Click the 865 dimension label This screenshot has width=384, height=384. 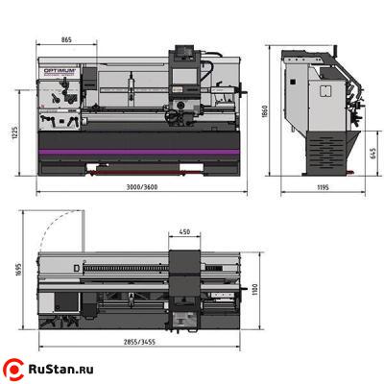coord(66,40)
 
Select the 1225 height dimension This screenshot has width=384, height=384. coord(14,132)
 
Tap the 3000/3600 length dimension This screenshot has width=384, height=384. coord(142,187)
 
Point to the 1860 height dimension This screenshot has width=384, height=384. coord(264,111)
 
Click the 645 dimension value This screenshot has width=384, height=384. coord(372,154)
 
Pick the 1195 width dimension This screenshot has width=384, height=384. coord(323,187)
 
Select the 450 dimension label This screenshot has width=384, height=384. coord(184,231)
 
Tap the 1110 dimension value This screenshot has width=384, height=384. coord(254,290)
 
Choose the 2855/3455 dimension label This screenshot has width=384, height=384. coord(139,342)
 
